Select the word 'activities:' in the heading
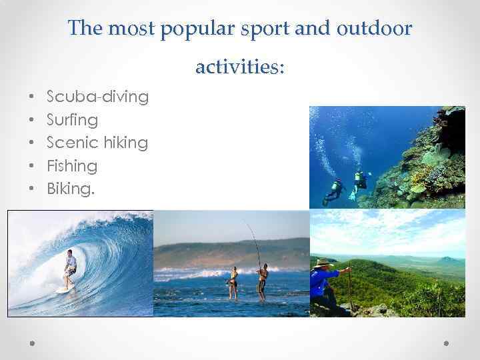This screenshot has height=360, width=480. tap(240, 67)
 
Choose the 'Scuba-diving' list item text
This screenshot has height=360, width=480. tap(98, 97)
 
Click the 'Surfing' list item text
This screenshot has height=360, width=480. tap(73, 120)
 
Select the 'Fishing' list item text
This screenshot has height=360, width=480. tap(72, 165)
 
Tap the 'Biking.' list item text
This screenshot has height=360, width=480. tap(71, 189)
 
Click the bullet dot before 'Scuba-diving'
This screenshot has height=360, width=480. tap(32, 98)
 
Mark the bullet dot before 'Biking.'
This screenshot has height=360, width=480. tap(32, 189)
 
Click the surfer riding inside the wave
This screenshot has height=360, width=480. tap(69, 267)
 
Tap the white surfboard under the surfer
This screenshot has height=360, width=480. tap(64, 289)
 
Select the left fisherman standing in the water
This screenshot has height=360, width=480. tap(233, 281)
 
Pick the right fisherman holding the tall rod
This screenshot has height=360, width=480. tap(263, 281)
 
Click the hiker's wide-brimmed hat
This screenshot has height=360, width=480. tap(324, 262)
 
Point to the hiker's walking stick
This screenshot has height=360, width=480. tap(349, 289)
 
